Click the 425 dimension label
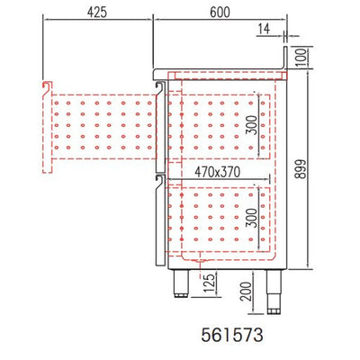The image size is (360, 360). click(97, 13)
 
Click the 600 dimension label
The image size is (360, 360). click(220, 13)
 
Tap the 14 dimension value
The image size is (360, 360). click(264, 29)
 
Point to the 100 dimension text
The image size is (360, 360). click(302, 58)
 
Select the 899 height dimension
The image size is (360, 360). click(300, 169)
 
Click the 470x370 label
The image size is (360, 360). click(218, 172)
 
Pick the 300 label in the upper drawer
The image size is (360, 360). click(253, 125)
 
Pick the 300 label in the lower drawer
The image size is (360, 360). click(253, 218)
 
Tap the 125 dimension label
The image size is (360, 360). click(211, 283)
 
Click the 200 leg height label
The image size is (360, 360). click(247, 292)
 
